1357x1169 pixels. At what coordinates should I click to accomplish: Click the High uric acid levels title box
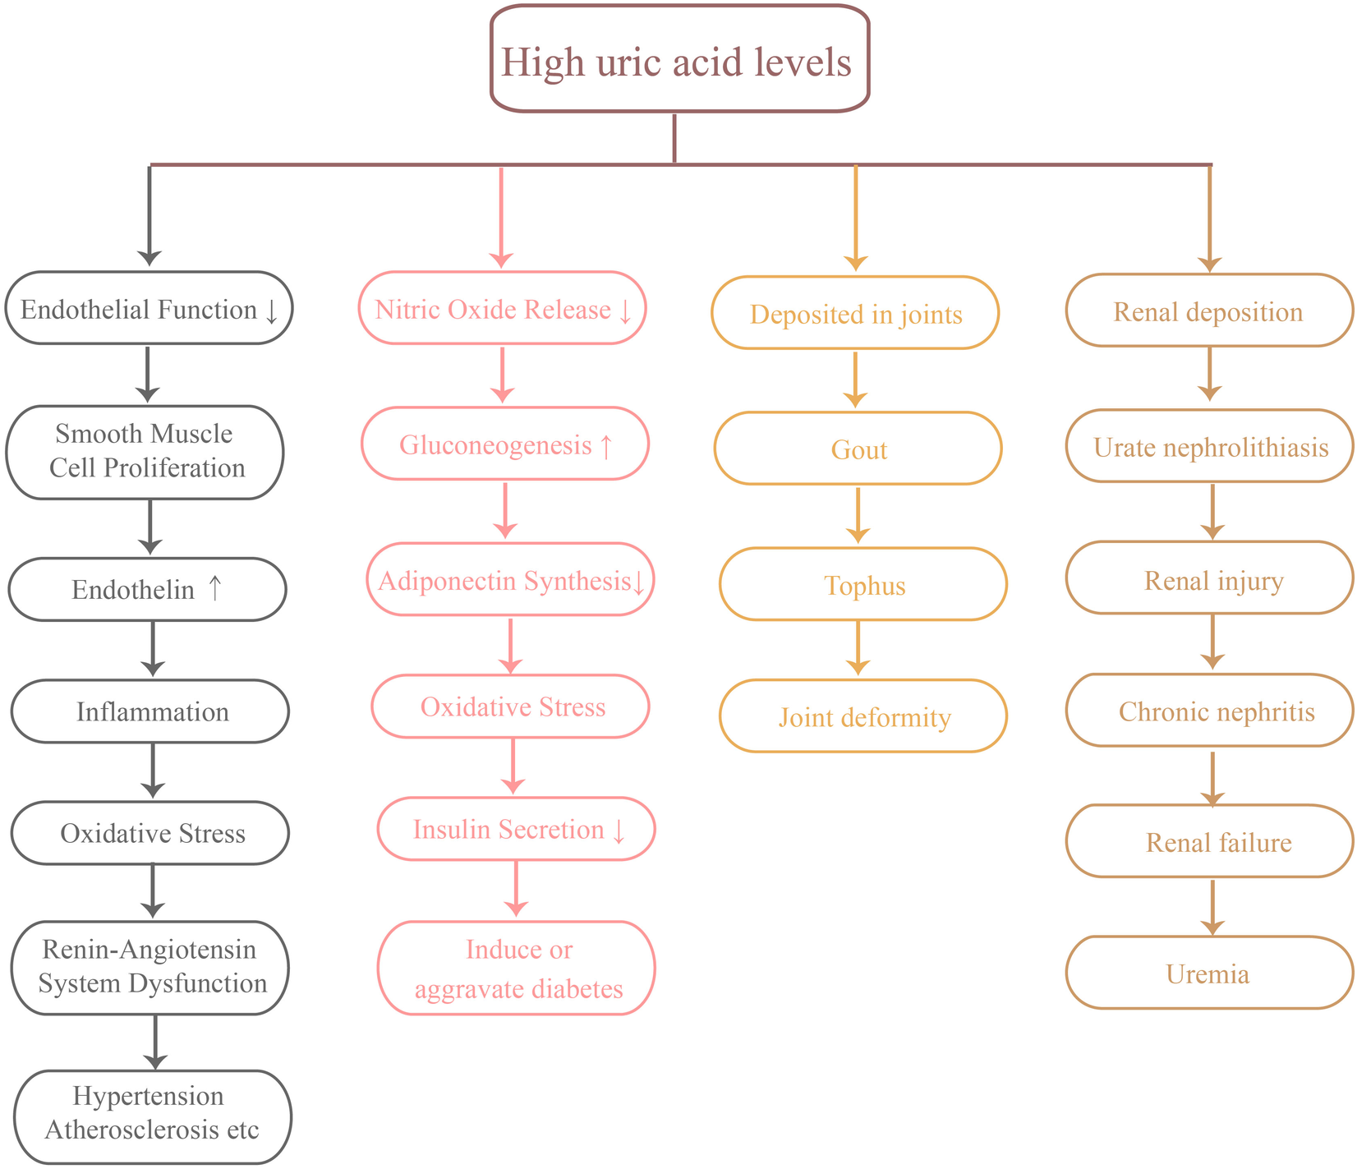(x=679, y=59)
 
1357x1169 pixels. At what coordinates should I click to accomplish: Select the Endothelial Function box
(x=149, y=309)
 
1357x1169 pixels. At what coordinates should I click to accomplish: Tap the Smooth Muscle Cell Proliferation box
(x=145, y=451)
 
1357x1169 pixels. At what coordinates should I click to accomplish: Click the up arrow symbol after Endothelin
(x=214, y=587)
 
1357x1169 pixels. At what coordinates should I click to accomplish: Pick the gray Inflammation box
(x=150, y=711)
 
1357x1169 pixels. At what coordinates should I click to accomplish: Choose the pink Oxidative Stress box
(x=511, y=706)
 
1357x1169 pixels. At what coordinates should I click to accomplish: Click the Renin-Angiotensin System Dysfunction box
(x=150, y=967)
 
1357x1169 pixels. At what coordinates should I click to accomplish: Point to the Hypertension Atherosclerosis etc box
(x=152, y=1115)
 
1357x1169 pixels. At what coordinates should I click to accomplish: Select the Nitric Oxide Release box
(x=502, y=309)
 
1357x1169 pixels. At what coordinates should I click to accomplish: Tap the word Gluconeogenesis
(x=495, y=445)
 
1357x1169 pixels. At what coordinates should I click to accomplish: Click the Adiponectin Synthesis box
(x=510, y=581)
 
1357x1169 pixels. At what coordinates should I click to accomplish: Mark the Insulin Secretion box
(x=516, y=829)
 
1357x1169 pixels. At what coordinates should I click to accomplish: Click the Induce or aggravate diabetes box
(x=517, y=968)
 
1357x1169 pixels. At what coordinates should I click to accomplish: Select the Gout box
(x=858, y=449)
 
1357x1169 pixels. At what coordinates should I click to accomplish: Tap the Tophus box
(x=863, y=585)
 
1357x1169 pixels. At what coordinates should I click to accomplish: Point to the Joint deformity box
(x=863, y=716)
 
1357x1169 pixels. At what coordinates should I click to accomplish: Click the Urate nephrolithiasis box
(x=1209, y=447)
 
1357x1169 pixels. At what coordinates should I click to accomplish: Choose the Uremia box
(x=1208, y=973)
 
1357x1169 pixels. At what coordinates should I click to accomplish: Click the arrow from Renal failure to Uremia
(x=1212, y=906)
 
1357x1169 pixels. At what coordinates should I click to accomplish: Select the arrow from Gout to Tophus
(x=858, y=514)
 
